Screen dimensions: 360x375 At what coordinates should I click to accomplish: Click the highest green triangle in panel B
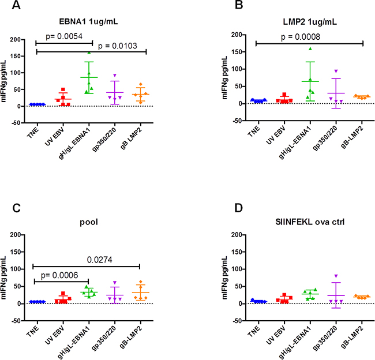click(309, 48)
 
